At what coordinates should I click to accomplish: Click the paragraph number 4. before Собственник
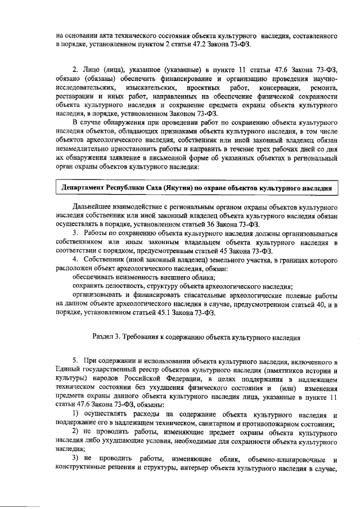(76, 258)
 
